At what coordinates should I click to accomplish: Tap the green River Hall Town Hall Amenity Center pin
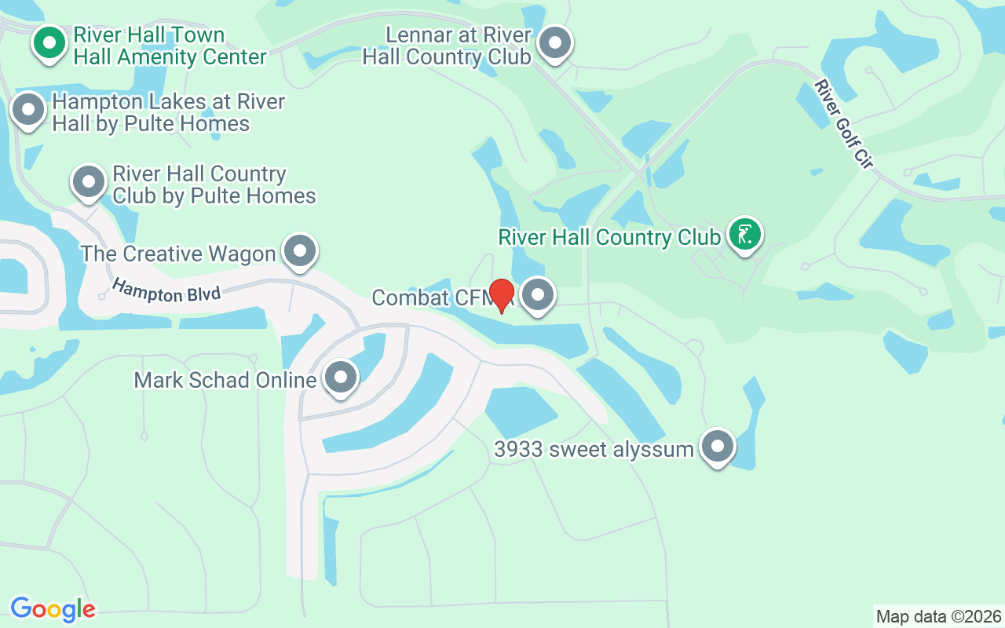coord(49,43)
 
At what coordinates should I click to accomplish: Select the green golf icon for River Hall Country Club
coord(744,234)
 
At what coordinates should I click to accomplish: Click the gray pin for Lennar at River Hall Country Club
coord(556,42)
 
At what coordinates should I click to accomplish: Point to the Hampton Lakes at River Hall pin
coord(29,110)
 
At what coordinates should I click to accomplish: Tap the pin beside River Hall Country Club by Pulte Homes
coord(89,181)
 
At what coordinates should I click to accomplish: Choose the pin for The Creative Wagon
coord(299,251)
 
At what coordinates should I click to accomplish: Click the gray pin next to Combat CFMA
coord(538,296)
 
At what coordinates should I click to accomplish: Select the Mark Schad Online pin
coord(341,378)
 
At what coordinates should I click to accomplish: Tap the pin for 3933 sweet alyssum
coord(718,447)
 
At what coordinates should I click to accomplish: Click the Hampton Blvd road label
coord(166,290)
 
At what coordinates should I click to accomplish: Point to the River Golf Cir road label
coord(844,122)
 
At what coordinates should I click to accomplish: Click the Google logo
coord(53,609)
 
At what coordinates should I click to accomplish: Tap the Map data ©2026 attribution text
coord(938,616)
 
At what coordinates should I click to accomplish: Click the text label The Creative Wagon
coord(178,254)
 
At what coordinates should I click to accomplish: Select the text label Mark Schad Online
coord(225,380)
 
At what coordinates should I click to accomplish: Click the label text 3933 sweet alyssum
coord(594,449)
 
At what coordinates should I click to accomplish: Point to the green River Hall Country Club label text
coord(609,237)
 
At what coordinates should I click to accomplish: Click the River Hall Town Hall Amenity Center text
coord(170,46)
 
